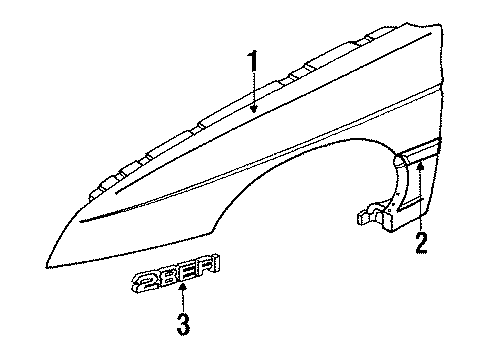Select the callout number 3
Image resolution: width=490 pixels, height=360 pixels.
coord(183,324)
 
